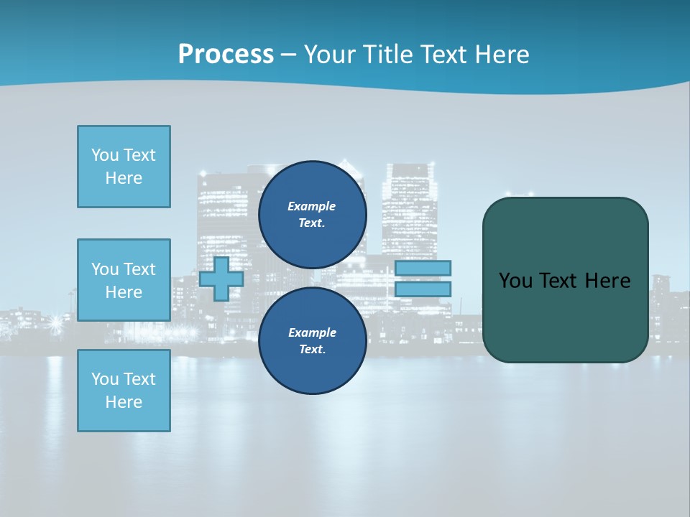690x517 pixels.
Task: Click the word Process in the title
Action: (226, 55)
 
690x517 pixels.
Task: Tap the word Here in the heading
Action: (498, 55)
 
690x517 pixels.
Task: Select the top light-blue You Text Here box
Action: (124, 167)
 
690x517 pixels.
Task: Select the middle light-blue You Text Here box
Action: (124, 280)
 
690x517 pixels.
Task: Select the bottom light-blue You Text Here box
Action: (124, 391)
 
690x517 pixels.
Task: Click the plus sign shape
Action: (221, 279)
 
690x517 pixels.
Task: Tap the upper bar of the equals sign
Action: (423, 268)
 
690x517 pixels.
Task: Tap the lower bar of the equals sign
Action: (423, 289)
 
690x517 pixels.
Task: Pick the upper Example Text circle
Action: (312, 214)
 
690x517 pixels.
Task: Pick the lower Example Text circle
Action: (312, 340)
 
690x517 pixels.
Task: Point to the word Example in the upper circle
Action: (312, 206)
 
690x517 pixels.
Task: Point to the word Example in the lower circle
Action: (312, 332)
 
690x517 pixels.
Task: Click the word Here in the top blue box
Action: (124, 178)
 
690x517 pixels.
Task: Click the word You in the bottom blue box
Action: (105, 379)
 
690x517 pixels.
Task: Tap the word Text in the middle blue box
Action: (139, 269)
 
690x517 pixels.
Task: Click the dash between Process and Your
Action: (288, 55)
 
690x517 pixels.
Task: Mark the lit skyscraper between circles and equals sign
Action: (409, 208)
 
